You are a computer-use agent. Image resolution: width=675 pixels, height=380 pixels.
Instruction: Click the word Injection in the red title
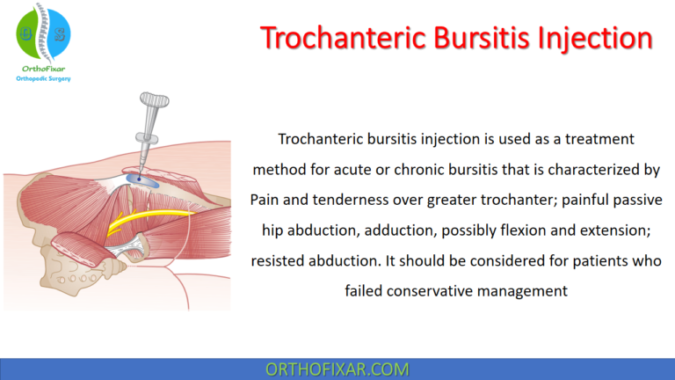coord(590,39)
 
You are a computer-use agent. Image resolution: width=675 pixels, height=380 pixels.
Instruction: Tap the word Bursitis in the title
coord(471,39)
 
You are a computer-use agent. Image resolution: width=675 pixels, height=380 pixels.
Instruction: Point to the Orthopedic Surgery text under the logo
coord(43,79)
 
